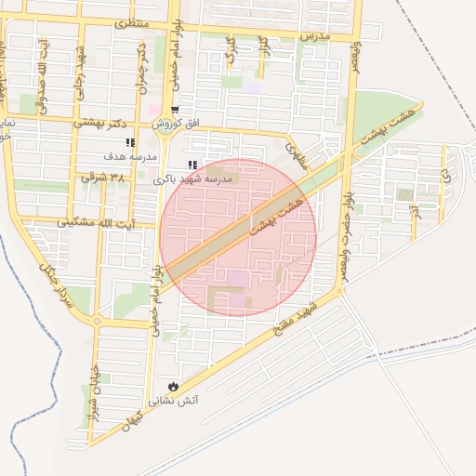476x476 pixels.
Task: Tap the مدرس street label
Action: click(x=315, y=35)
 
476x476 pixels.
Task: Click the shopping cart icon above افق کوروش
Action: click(x=175, y=108)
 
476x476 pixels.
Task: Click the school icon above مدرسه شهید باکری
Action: click(x=192, y=165)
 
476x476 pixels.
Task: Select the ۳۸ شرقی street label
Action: click(x=102, y=177)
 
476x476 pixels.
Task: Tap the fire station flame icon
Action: click(x=172, y=386)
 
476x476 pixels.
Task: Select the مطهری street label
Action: click(x=295, y=154)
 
